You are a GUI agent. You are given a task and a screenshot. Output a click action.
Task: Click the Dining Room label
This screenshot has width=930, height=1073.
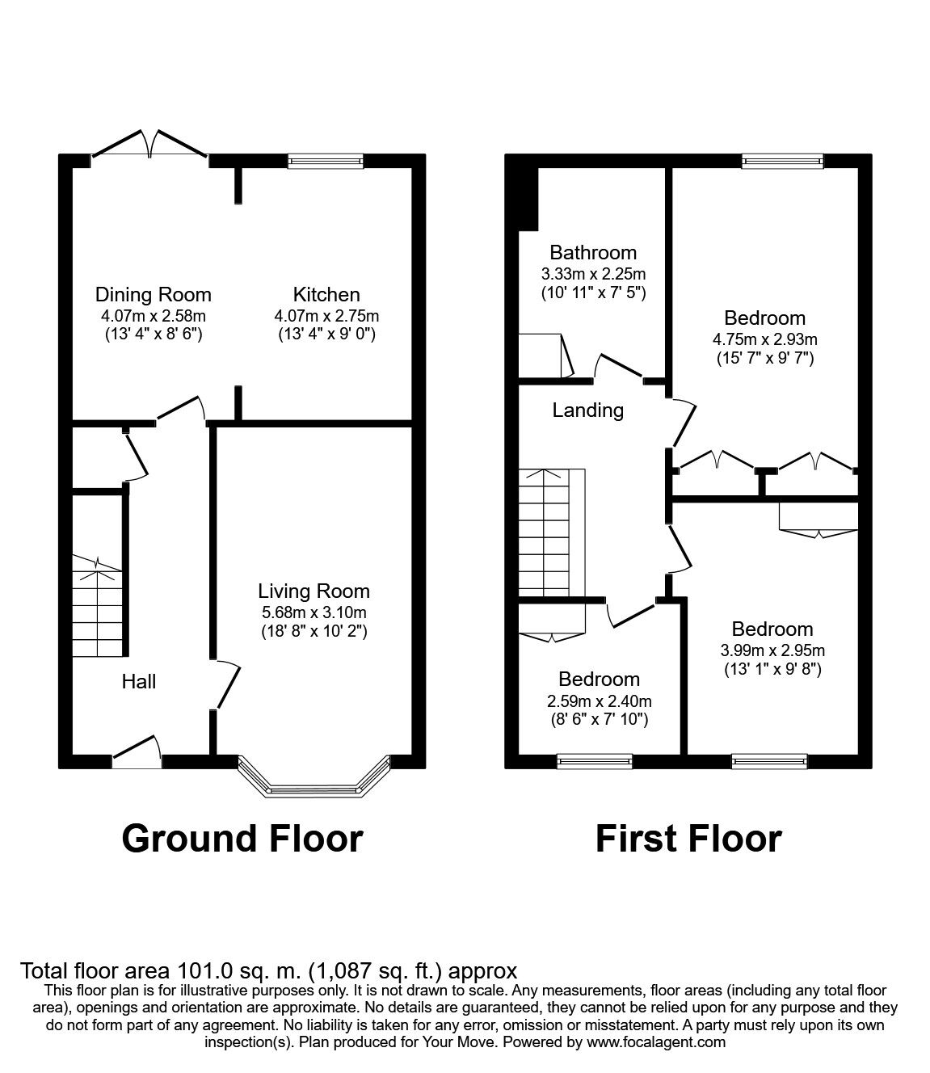153,295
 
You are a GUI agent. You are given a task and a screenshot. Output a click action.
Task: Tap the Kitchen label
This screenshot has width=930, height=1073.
326,295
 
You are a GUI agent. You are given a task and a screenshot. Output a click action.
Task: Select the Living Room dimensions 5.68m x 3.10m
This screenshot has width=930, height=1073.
314,612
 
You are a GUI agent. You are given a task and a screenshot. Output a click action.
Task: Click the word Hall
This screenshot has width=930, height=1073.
138,682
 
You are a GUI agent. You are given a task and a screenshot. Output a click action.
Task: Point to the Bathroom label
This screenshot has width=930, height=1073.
593,253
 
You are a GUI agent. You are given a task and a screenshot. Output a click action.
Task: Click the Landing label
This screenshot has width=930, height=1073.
587,410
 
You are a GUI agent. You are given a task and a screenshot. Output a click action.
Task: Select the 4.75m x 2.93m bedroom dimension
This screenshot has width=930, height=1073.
764,339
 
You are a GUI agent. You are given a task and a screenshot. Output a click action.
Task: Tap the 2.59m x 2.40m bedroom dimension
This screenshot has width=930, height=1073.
599,701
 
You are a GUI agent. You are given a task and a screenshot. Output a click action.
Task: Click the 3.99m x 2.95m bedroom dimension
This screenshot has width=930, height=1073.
772,650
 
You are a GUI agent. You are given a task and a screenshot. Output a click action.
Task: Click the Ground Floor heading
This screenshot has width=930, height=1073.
242,839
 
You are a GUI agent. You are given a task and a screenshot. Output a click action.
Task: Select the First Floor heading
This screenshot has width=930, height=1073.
688,839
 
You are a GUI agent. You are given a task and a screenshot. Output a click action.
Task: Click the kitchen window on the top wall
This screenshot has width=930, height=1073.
326,162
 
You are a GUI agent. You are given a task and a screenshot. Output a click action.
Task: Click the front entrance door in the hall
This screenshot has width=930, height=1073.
136,751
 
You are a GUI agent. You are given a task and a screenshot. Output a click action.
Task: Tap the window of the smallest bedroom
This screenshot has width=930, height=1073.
594,760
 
